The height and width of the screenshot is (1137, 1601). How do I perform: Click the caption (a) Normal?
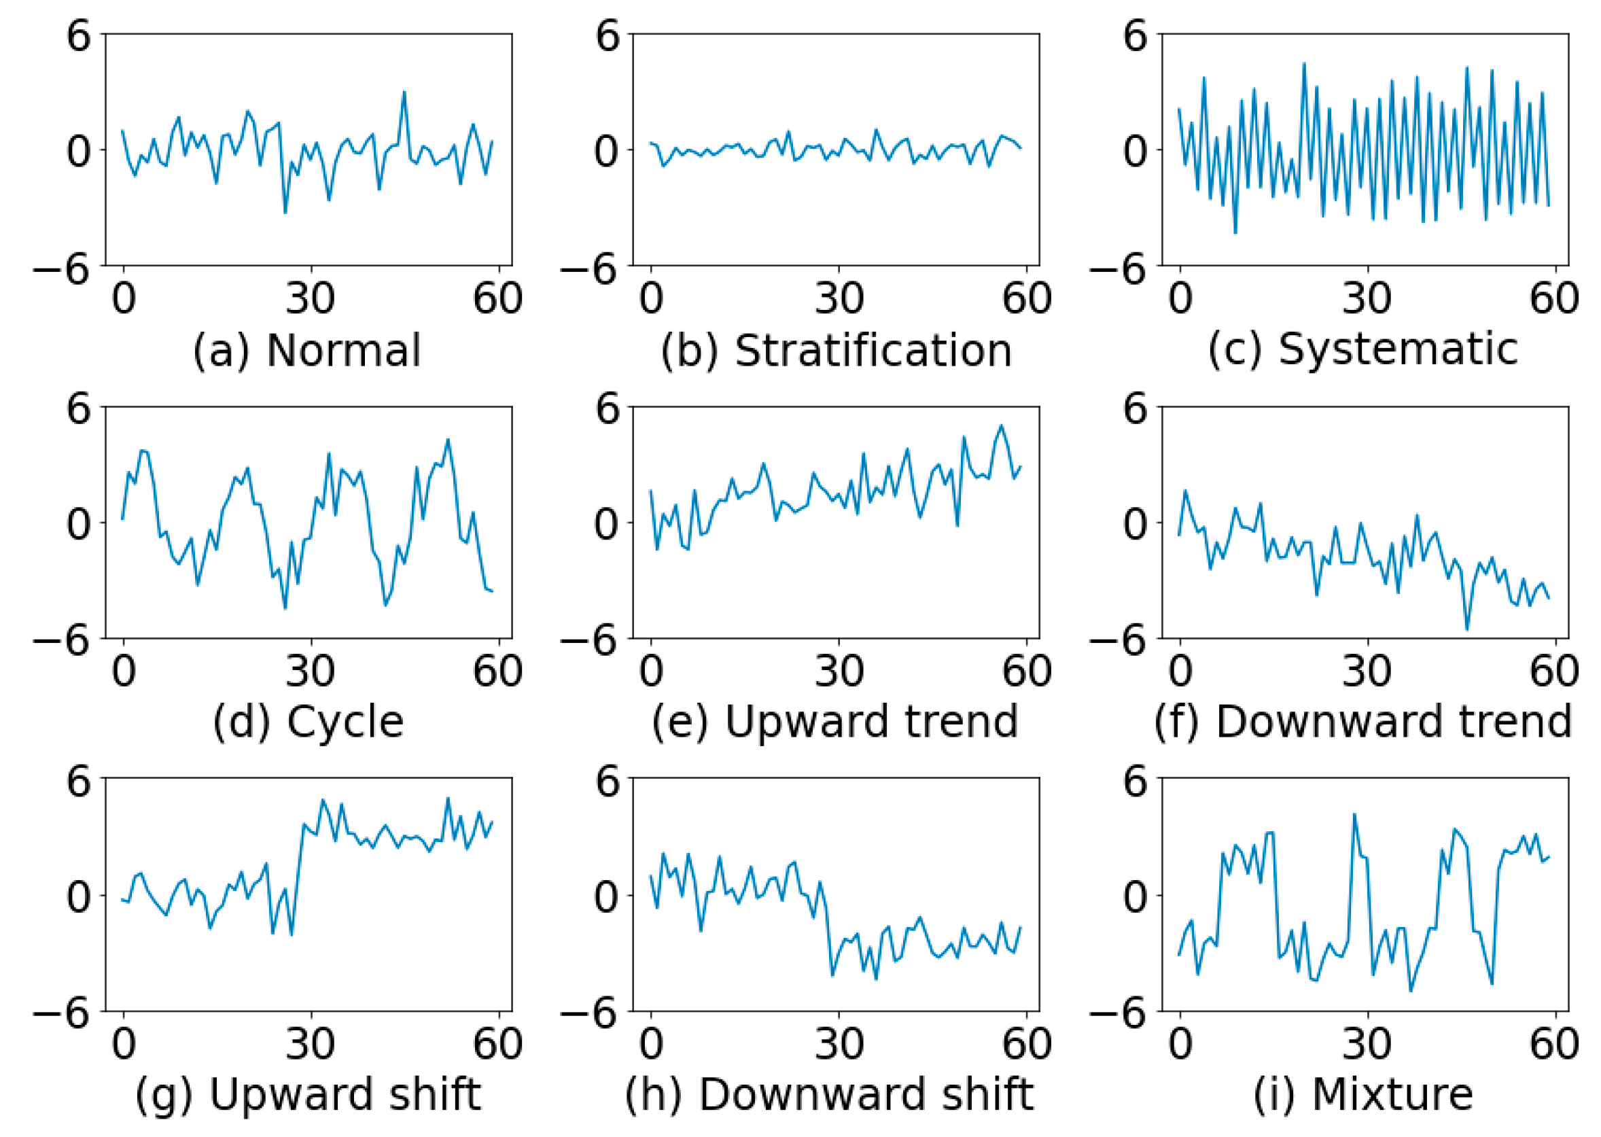coord(306,350)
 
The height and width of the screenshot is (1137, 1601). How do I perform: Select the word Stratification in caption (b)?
coord(873,350)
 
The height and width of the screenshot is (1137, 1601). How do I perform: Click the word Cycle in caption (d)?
coord(345,722)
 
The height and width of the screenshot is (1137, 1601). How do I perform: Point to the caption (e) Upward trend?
coord(834,722)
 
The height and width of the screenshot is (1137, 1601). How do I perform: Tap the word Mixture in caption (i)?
coord(1392,1094)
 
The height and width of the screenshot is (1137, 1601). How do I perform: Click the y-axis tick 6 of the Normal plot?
coord(79,35)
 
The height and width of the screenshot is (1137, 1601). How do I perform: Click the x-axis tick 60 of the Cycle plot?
coord(497,671)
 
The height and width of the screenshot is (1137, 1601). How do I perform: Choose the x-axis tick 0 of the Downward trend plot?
coord(1180,671)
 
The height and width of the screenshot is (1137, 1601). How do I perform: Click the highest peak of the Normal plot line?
coord(404,92)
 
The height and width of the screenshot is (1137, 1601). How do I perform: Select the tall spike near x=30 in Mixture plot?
coord(1354,815)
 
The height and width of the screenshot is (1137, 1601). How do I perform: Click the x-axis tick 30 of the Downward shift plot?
coord(838,1043)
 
